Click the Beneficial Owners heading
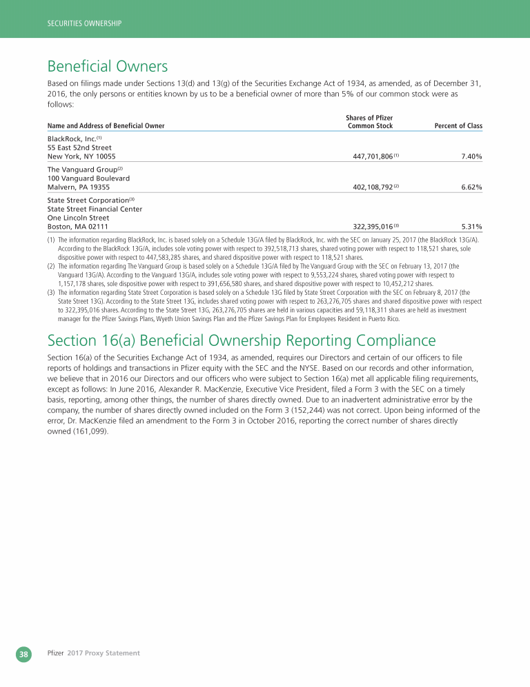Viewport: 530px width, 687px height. pyautogui.click(x=108, y=67)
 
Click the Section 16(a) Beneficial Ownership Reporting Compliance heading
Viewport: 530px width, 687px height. pyautogui.click(x=242, y=340)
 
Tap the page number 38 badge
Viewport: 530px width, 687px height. pyautogui.click(x=24, y=653)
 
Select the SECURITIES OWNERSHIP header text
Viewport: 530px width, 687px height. pyautogui.click(x=84, y=23)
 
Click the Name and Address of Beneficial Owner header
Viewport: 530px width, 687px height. pyautogui.click(x=106, y=126)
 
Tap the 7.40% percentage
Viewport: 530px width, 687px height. pyautogui.click(x=471, y=157)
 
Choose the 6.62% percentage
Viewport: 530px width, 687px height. pyautogui.click(x=471, y=187)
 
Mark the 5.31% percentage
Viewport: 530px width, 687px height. pyautogui.click(x=471, y=226)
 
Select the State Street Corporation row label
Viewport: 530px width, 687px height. pyautogui.click(x=88, y=200)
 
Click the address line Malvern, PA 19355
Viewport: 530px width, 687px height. pyautogui.click(x=78, y=187)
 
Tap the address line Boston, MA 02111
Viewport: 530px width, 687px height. pyautogui.click(x=77, y=226)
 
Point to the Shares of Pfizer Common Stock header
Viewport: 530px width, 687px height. pyautogui.click(x=370, y=122)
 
